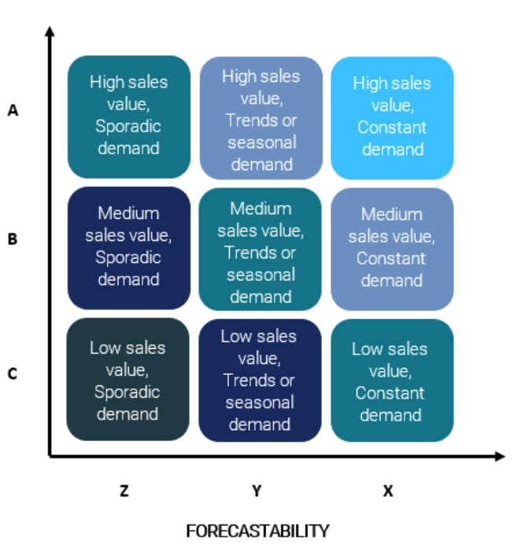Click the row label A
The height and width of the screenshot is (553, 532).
[13, 111]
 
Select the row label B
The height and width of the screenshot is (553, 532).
[13, 239]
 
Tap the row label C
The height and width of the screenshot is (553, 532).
[13, 373]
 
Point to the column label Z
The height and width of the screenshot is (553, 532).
[124, 491]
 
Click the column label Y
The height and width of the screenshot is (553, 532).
[257, 491]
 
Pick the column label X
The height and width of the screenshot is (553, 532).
[388, 491]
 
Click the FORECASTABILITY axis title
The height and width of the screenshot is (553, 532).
[257, 531]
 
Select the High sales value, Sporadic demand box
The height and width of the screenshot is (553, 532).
[129, 117]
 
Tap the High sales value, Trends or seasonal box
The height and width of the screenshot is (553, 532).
[260, 118]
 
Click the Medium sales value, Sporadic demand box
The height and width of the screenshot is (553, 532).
[129, 247]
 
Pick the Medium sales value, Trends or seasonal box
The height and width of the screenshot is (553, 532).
[260, 250]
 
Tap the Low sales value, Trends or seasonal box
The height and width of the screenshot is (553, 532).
[260, 380]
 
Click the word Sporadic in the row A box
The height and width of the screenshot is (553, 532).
[128, 126]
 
